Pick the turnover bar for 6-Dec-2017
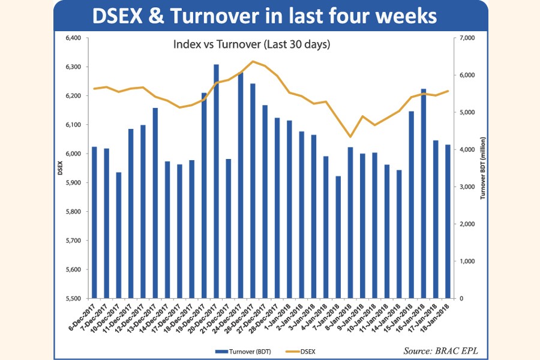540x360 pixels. [x=94, y=222]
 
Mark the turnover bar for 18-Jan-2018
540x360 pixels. [x=448, y=221]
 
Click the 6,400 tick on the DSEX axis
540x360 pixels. [x=72, y=38]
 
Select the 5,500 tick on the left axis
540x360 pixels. [x=72, y=298]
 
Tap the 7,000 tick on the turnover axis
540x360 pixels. [x=466, y=38]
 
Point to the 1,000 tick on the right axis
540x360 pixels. [x=466, y=261]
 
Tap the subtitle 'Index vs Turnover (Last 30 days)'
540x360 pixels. [x=252, y=44]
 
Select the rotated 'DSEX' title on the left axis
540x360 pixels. [x=60, y=169]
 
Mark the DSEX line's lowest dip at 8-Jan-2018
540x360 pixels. [x=350, y=137]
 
